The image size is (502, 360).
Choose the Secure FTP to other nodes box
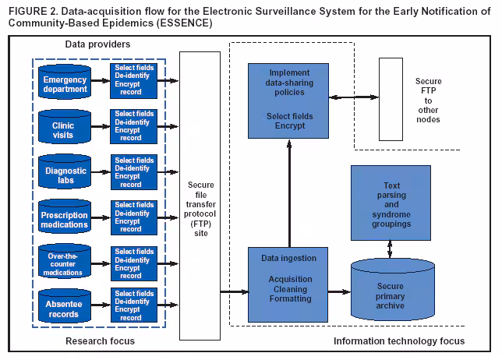pyautogui.click(x=396, y=99)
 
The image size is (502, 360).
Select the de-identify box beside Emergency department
pyautogui.click(x=135, y=81)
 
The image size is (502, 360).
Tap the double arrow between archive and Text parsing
pyautogui.click(x=391, y=248)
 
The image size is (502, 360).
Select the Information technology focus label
pyautogui.click(x=398, y=341)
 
